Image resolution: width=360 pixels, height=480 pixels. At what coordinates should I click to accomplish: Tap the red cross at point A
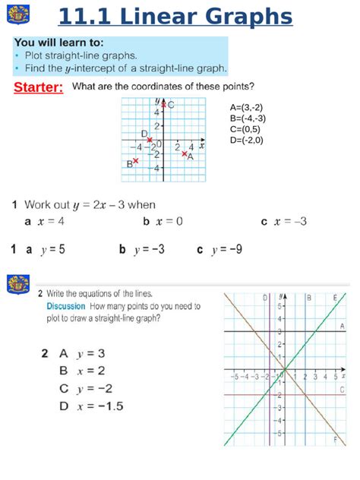[x=185, y=153]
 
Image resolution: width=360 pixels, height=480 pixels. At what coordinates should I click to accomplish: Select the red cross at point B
[x=136, y=161]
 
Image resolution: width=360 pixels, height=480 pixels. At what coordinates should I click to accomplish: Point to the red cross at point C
[x=162, y=104]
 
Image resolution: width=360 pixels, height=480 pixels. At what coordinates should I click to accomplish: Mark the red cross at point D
[x=150, y=140]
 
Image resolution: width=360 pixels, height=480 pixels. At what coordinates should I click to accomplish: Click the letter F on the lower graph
[x=336, y=440]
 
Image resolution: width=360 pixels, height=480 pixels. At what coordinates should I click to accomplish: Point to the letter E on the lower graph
[x=335, y=298]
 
